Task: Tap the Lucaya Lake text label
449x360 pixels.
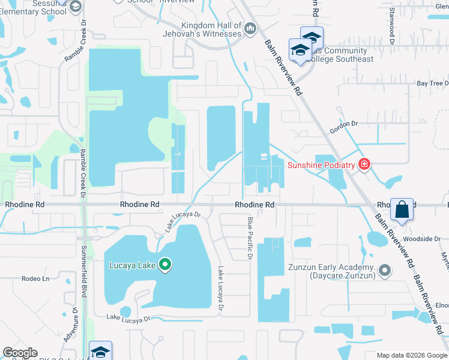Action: (x=132, y=265)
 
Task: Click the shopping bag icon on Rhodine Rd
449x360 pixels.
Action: (x=402, y=210)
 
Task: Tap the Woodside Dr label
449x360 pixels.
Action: (x=424, y=239)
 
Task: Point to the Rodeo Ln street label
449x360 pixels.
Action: (x=35, y=278)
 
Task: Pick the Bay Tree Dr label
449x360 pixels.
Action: (x=432, y=83)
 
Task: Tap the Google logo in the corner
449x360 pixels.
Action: (x=20, y=353)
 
